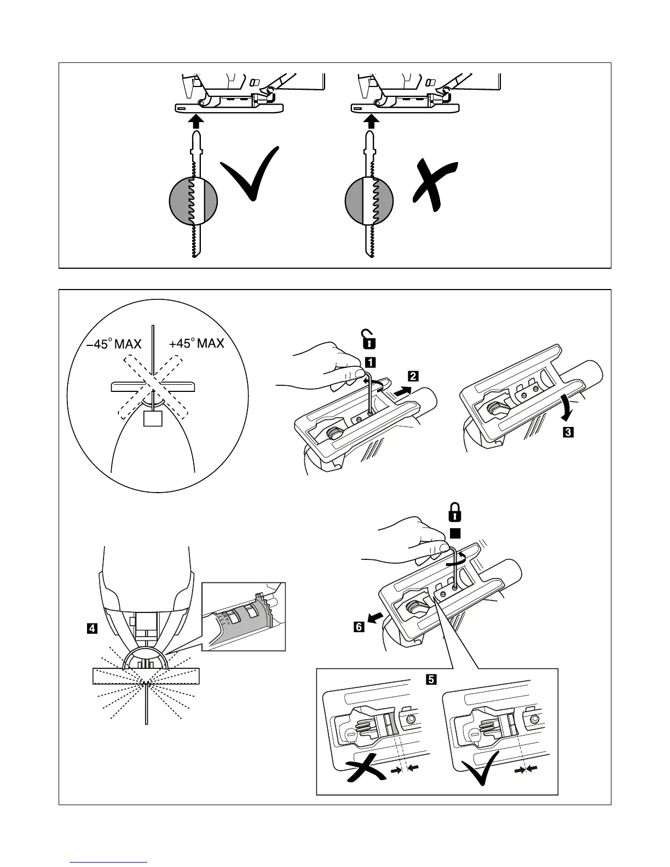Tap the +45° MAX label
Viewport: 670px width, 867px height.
(x=197, y=344)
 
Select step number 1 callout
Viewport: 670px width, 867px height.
(x=370, y=361)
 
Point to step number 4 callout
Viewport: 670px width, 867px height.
(x=93, y=628)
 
